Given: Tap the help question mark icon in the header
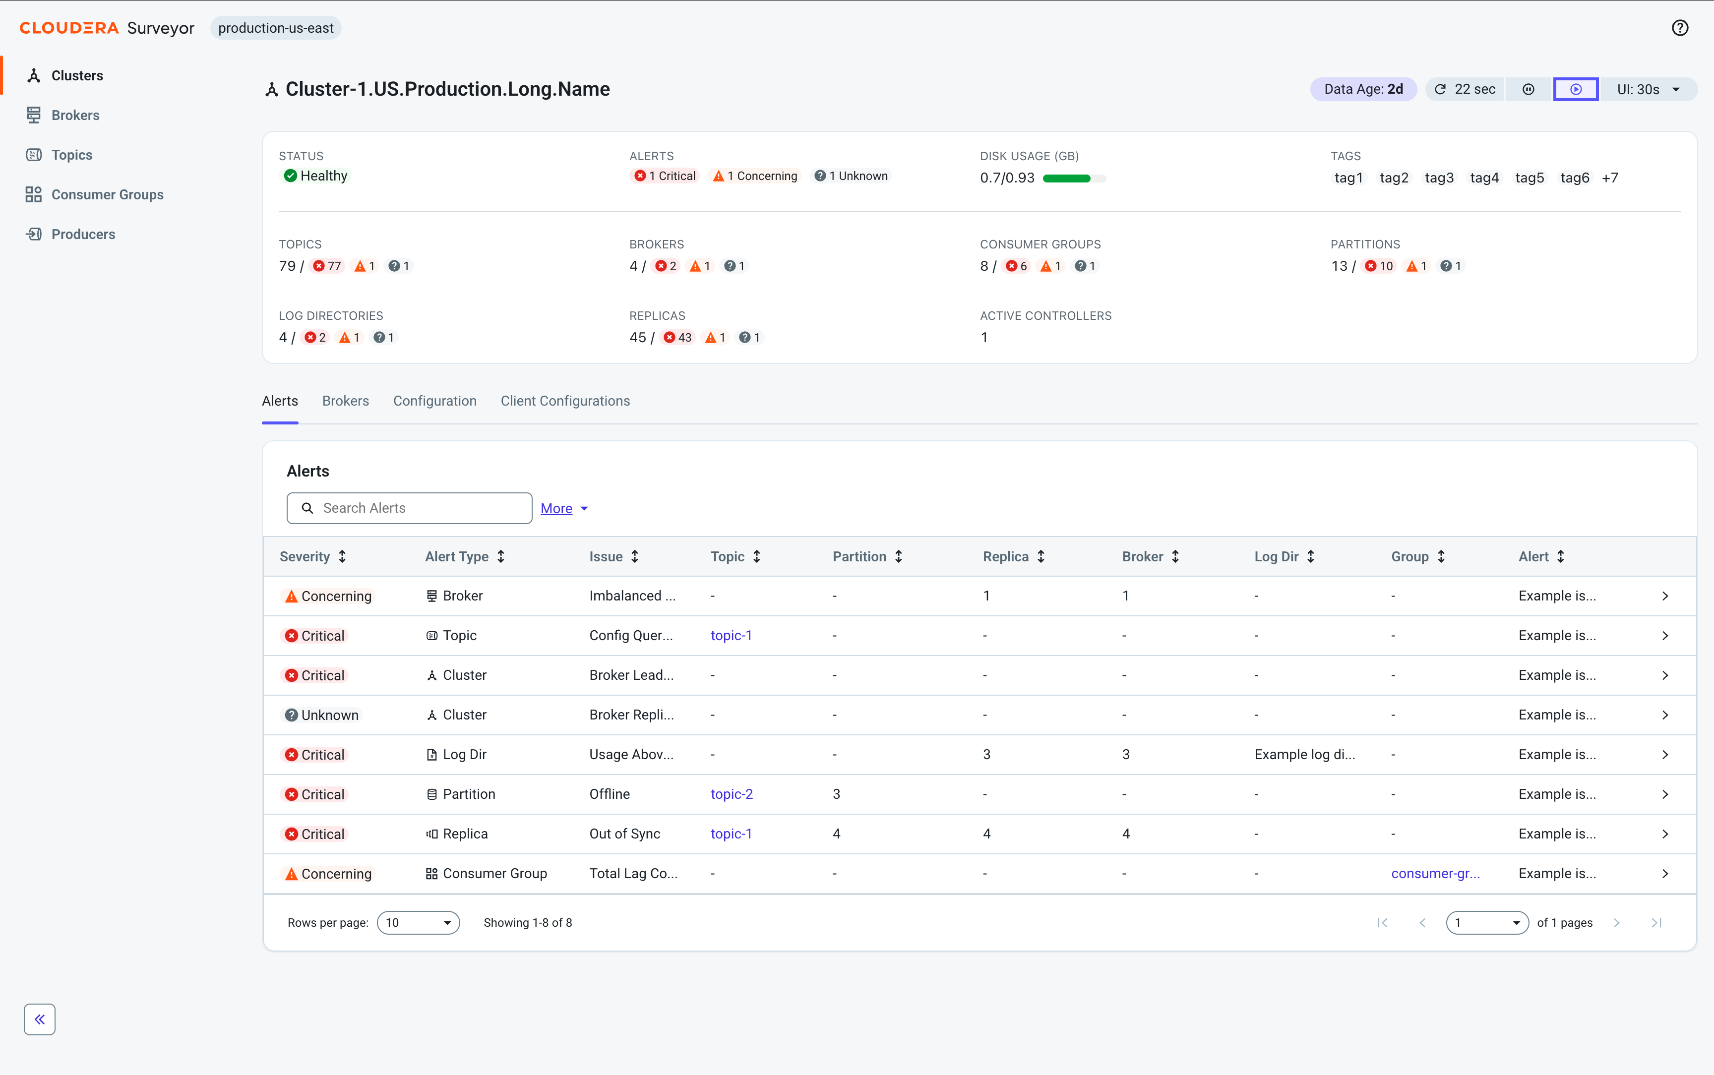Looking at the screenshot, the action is coord(1679,28).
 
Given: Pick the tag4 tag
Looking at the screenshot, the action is coord(1484,178).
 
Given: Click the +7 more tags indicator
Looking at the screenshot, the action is coord(1609,178).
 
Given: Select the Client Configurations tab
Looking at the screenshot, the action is coord(565,401).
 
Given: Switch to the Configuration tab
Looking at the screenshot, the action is coord(435,401).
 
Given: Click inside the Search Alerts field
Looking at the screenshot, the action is coord(410,508).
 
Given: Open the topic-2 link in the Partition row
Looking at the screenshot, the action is coord(732,794).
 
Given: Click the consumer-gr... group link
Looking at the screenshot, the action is coord(1435,874).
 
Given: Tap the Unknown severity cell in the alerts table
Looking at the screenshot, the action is coord(323,715).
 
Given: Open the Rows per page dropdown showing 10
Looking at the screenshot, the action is coord(418,923).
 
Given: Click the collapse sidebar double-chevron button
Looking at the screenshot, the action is coord(40,1019).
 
